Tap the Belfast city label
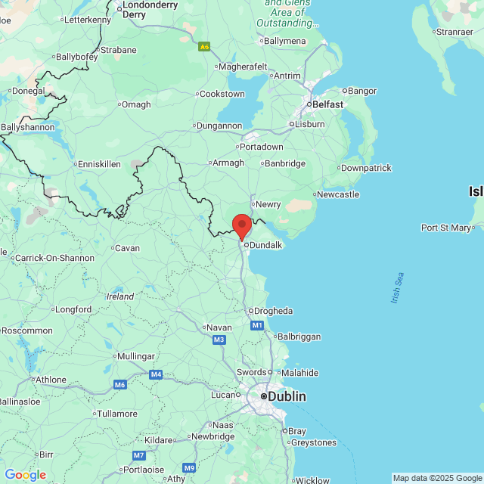pos(327,104)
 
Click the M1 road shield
pos(257,325)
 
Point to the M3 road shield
pos(219,340)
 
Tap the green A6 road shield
pos(204,47)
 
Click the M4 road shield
pos(156,374)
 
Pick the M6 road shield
pos(119,385)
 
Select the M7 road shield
pos(139,455)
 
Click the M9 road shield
pos(189,467)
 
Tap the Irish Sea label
pos(398,288)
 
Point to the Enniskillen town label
pos(100,164)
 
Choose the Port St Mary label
pos(446,228)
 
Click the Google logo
pos(25,475)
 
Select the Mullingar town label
pos(137,356)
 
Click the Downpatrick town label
pos(366,168)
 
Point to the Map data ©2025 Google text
pos(437,478)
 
